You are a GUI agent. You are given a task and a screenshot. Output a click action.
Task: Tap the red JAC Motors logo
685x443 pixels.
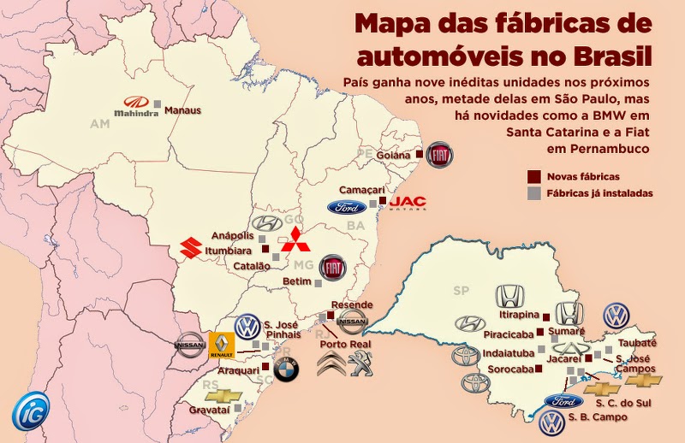(408, 201)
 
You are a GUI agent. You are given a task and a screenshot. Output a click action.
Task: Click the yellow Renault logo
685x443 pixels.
(221, 346)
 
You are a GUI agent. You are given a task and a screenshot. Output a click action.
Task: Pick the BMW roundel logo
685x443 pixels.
(288, 370)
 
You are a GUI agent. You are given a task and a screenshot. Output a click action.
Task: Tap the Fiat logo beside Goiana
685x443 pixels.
(439, 155)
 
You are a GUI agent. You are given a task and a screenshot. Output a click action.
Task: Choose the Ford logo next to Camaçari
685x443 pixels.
(346, 207)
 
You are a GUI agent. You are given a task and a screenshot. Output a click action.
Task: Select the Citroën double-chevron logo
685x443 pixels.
(332, 367)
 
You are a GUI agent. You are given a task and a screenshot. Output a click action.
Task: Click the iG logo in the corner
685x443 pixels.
(30, 410)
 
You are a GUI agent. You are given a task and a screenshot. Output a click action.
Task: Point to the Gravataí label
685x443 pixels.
(207, 411)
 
